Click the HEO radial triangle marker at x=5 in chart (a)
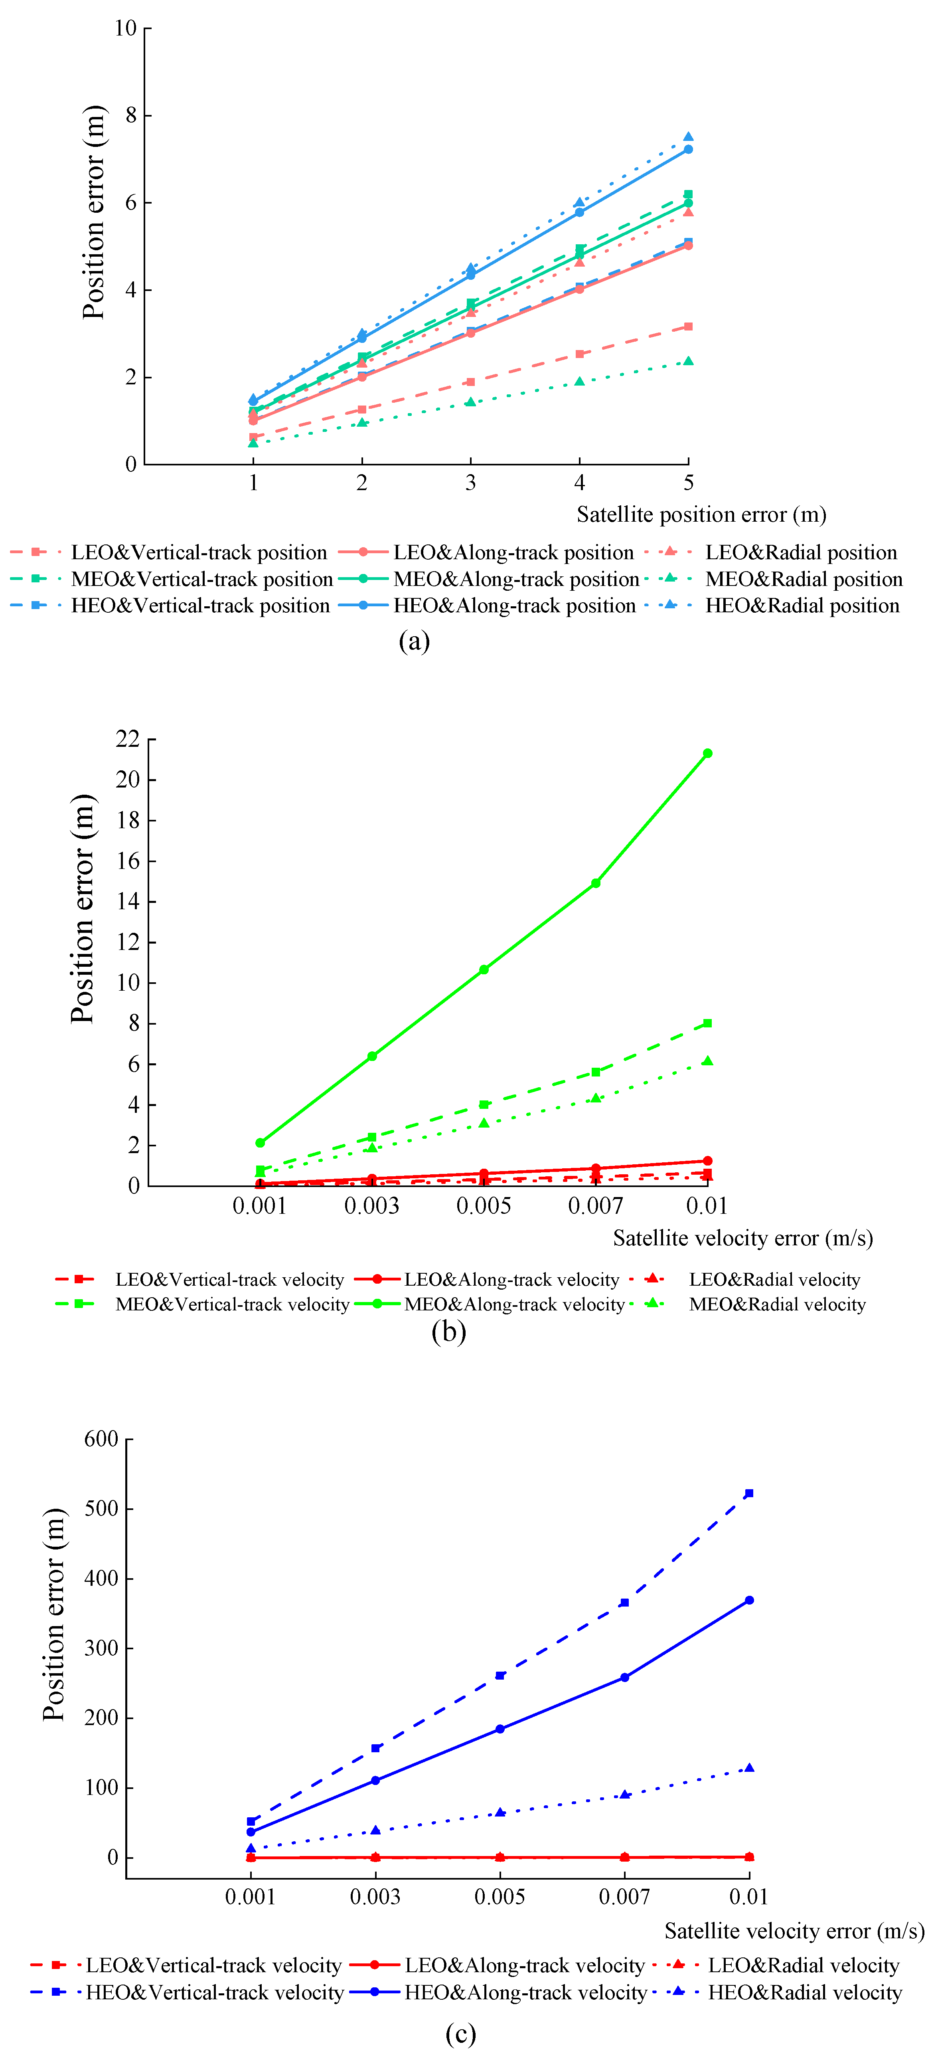688,137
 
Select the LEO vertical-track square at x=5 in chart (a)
688,327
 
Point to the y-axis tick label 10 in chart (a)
125,29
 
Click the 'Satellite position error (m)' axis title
701,515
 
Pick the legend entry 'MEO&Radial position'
803,580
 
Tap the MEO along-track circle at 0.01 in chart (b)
707,754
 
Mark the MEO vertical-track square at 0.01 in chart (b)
707,1023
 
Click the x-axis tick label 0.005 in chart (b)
484,1206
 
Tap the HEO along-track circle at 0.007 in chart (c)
624,1678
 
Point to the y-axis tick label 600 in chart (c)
101,1439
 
